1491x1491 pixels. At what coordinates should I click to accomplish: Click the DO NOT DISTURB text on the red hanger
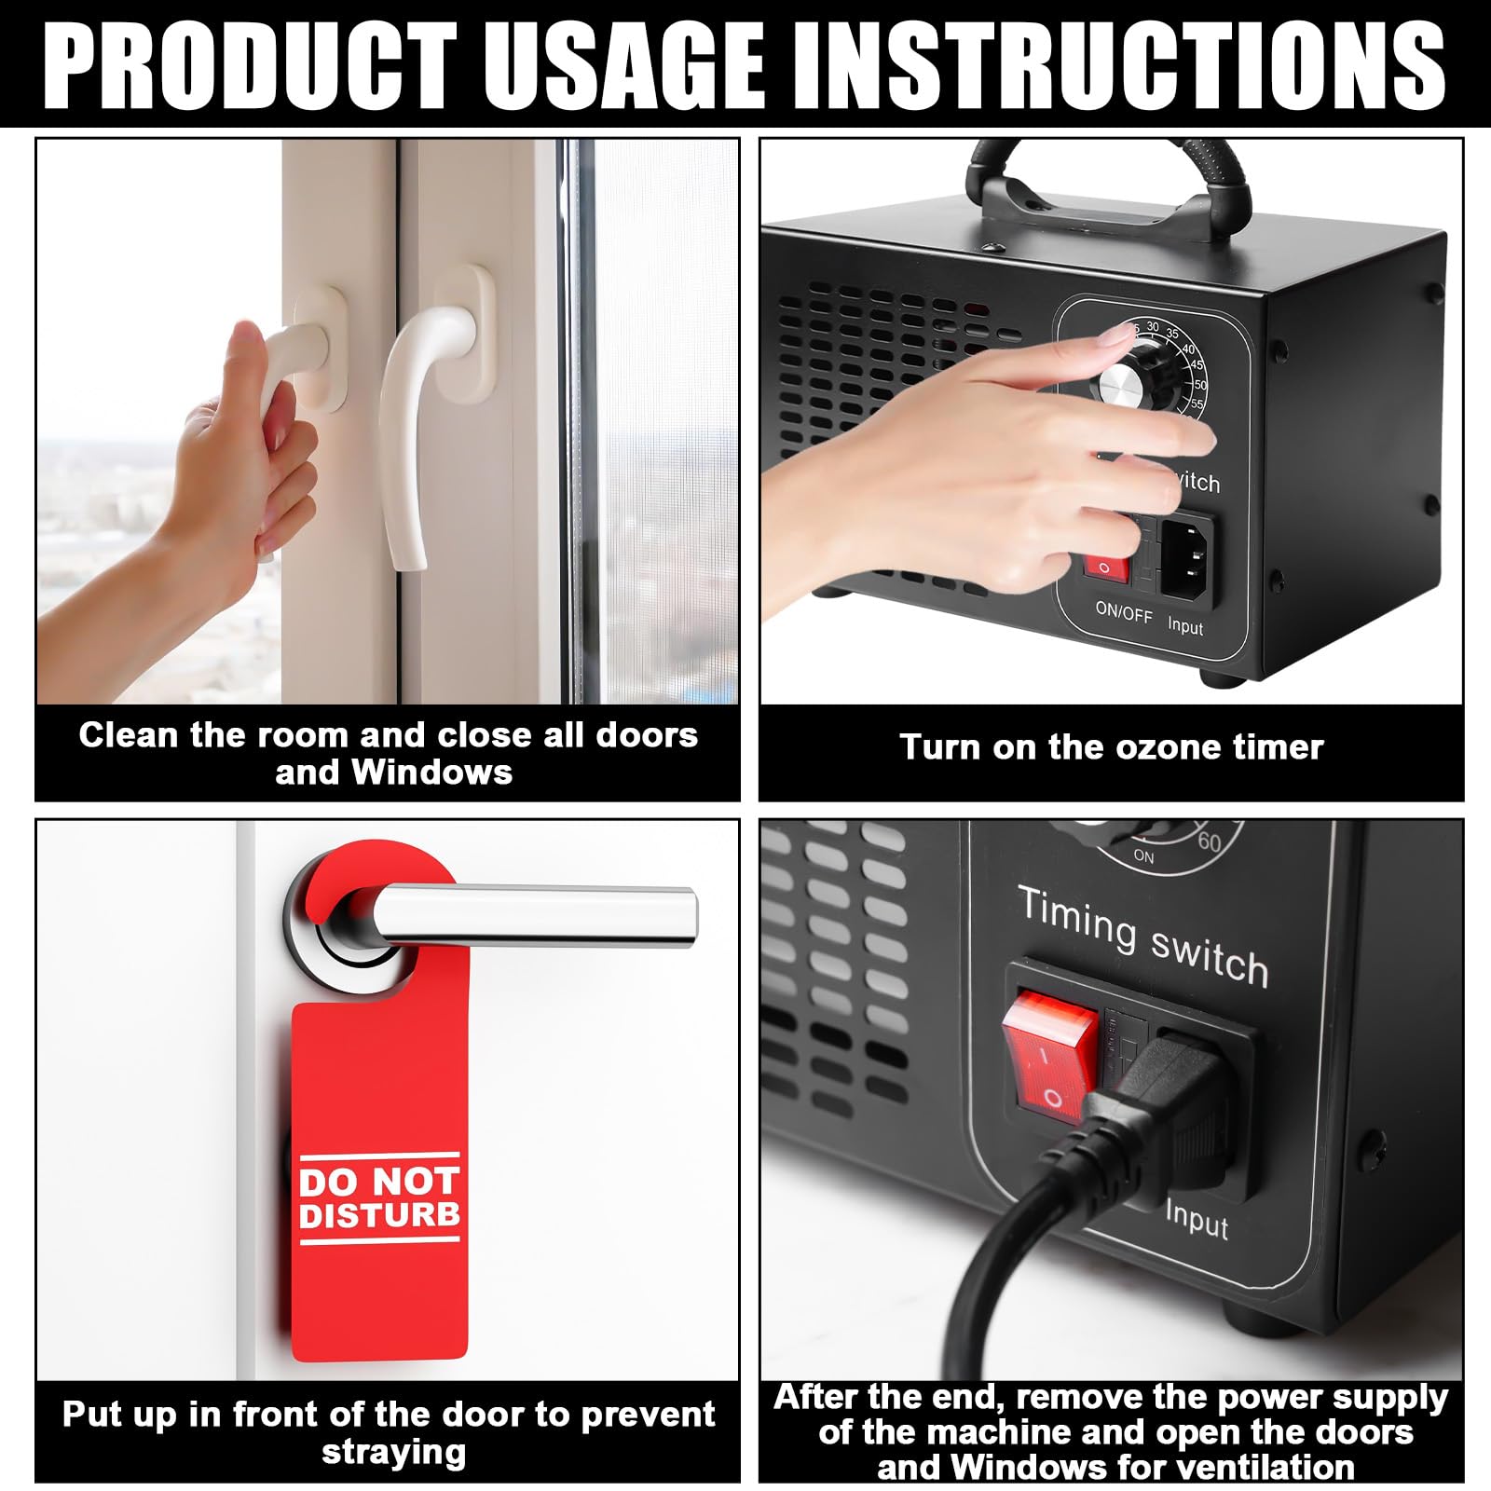pyautogui.click(x=379, y=1198)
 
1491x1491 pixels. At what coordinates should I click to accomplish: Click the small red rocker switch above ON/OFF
pyautogui.click(x=1106, y=564)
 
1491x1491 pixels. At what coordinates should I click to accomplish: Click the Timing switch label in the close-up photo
pyautogui.click(x=1142, y=936)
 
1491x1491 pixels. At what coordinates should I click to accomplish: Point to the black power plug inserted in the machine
pyautogui.click(x=1156, y=1104)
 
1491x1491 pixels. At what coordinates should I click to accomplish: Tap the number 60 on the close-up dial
pyautogui.click(x=1210, y=841)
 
